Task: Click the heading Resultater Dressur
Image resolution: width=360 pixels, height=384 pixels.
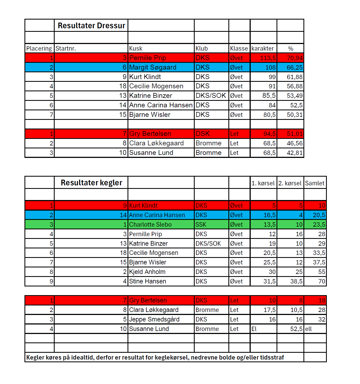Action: point(91,26)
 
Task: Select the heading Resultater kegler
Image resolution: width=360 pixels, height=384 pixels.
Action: point(91,183)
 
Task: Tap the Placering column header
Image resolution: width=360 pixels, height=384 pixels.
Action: point(39,49)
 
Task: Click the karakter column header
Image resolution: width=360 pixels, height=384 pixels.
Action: point(262,49)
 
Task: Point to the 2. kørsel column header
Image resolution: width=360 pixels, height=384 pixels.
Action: point(290,183)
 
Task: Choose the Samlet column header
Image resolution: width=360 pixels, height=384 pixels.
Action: point(315,183)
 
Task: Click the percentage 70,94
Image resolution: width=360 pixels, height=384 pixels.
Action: point(294,58)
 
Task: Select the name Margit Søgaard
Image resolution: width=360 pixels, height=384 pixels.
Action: point(153,67)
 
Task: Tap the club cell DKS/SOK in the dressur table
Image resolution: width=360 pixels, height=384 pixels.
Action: point(211,96)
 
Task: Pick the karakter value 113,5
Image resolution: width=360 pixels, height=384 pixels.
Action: point(268,58)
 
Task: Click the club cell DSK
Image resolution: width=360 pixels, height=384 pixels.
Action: point(203,134)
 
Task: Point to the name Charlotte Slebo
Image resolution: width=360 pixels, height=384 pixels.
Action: point(150,224)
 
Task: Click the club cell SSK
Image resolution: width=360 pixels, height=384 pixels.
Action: point(201,224)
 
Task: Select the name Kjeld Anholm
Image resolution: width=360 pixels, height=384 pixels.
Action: point(147,272)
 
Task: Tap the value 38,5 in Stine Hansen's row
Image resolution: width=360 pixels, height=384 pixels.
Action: point(296,281)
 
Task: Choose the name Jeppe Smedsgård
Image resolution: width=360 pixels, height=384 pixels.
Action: point(154,319)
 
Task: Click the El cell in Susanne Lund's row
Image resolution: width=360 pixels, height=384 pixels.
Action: point(254,329)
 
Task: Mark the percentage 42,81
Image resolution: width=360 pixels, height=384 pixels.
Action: point(294,153)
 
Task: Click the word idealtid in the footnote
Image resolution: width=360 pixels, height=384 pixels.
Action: point(83,357)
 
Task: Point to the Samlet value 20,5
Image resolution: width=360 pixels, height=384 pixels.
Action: point(319,215)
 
